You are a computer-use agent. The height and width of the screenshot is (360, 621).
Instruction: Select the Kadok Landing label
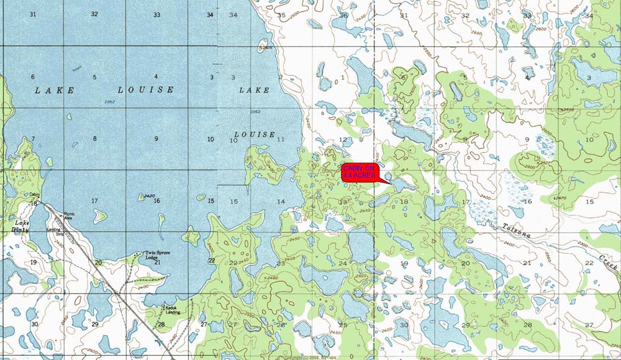click(171, 309)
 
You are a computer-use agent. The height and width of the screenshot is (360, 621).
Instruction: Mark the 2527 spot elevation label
click(545, 163)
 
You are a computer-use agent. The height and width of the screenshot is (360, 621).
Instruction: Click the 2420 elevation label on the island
click(148, 196)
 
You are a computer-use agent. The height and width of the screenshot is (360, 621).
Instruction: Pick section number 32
click(94, 14)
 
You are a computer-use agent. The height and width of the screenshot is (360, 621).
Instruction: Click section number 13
click(343, 202)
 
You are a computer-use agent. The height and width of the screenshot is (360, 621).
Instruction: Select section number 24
click(342, 263)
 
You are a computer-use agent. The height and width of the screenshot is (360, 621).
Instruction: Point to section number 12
click(343, 140)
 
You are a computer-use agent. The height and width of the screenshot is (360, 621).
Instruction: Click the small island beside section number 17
click(98, 215)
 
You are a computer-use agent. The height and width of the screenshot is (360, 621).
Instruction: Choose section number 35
click(281, 15)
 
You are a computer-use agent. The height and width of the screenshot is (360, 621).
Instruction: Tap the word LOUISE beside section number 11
click(254, 134)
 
